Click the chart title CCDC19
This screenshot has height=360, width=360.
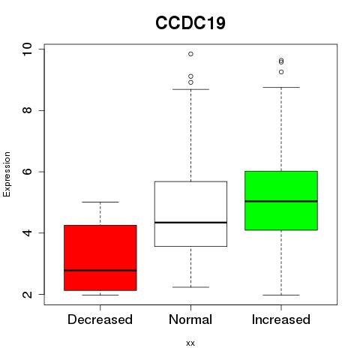pyautogui.click(x=190, y=23)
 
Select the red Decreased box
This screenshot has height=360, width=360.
pyautogui.click(x=100, y=258)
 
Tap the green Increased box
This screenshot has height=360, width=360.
pyautogui.click(x=281, y=200)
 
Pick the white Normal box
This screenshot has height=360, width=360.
pyautogui.click(x=190, y=214)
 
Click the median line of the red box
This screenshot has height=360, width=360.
pyautogui.click(x=100, y=270)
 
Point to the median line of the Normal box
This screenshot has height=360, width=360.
pyautogui.click(x=190, y=222)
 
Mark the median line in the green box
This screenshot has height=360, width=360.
pyautogui.click(x=281, y=201)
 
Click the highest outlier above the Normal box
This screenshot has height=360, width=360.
pyautogui.click(x=190, y=54)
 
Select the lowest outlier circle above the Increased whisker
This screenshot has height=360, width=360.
pyautogui.click(x=281, y=72)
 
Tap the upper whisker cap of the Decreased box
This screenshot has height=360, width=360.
pyautogui.click(x=100, y=202)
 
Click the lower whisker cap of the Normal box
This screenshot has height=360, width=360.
pyautogui.click(x=190, y=287)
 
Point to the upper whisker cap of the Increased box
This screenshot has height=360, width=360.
pyautogui.click(x=281, y=87)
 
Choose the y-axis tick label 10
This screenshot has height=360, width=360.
pyautogui.click(x=27, y=49)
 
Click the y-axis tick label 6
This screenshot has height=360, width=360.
pyautogui.click(x=27, y=172)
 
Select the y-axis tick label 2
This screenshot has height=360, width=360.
pyautogui.click(x=27, y=294)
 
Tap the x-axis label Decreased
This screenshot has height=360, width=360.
pyautogui.click(x=100, y=319)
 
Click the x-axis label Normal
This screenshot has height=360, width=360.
pyautogui.click(x=190, y=319)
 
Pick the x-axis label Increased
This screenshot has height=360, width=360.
pyautogui.click(x=281, y=319)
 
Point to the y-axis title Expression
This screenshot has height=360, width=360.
pyautogui.click(x=7, y=174)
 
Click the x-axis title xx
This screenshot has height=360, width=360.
pyautogui.click(x=190, y=343)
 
